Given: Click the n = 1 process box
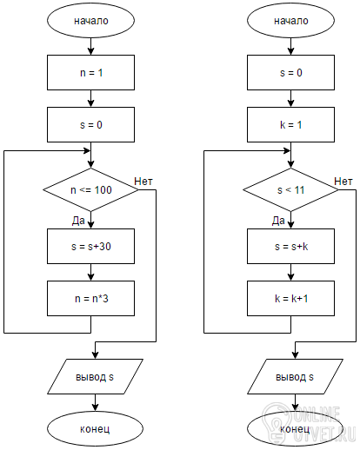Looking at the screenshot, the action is [90, 72].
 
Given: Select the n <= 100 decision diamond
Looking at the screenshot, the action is [90, 189].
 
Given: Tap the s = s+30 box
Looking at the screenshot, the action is [90, 246].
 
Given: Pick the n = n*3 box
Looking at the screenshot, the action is [90, 298].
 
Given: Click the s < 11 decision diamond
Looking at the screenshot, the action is [290, 189].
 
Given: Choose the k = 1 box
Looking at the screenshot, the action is [290, 124].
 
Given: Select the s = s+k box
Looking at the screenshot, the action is [290, 246].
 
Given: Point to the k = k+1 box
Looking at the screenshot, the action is [290, 298].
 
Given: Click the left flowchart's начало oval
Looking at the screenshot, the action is [90, 20].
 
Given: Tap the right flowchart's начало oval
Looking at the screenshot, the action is [290, 20].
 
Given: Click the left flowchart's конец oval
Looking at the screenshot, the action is [95, 428].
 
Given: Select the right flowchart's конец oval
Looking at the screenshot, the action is [295, 428].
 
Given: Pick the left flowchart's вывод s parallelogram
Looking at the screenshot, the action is [95, 376].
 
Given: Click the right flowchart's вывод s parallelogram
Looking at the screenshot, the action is [295, 376].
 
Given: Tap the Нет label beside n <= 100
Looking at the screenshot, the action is [143, 182].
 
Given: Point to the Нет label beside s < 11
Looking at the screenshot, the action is [343, 182].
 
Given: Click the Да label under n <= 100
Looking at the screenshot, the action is [78, 221].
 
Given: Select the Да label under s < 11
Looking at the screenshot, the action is [278, 221].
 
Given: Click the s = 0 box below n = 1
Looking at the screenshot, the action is [90, 124].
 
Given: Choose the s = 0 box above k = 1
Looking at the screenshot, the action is [290, 72].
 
